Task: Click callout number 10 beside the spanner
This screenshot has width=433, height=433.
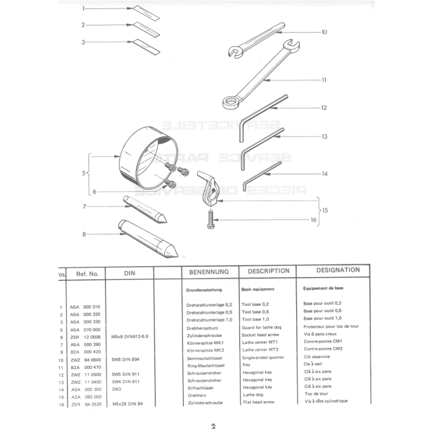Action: point(324,32)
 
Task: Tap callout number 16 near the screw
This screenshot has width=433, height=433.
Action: point(313,220)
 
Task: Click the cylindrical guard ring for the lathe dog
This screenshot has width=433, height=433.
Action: point(138,154)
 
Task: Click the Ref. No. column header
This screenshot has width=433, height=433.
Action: point(87,274)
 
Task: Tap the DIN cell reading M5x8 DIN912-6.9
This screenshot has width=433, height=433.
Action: point(129,336)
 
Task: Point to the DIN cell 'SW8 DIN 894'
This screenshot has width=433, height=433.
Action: point(126,358)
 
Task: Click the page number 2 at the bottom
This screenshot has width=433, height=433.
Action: point(213,426)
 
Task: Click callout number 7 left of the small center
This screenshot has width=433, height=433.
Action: point(85,206)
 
